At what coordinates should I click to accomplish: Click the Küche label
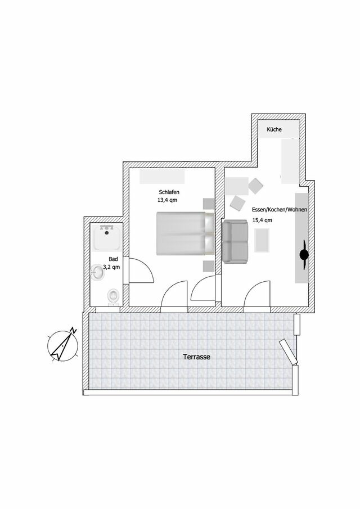[x=274, y=130]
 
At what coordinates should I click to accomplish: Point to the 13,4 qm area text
[x=168, y=200]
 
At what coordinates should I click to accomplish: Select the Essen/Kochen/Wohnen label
[x=272, y=210]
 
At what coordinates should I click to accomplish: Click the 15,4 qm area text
[x=263, y=220]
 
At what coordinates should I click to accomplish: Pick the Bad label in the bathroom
[x=113, y=260]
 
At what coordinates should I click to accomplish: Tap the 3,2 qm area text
[x=112, y=268]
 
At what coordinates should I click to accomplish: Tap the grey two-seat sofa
[x=235, y=241]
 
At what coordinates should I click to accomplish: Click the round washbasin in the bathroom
[x=99, y=273]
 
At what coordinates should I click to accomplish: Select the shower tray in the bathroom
[x=107, y=238]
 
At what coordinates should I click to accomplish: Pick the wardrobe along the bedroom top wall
[x=163, y=177]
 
